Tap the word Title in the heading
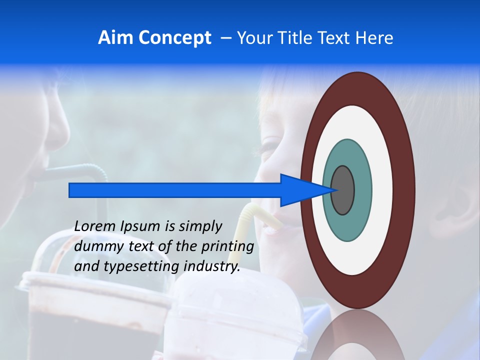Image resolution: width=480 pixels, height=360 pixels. [298, 38]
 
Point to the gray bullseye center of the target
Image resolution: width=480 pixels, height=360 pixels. [343, 190]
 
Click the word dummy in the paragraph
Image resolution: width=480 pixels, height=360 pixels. [94, 246]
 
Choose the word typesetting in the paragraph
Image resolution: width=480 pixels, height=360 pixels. [140, 267]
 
